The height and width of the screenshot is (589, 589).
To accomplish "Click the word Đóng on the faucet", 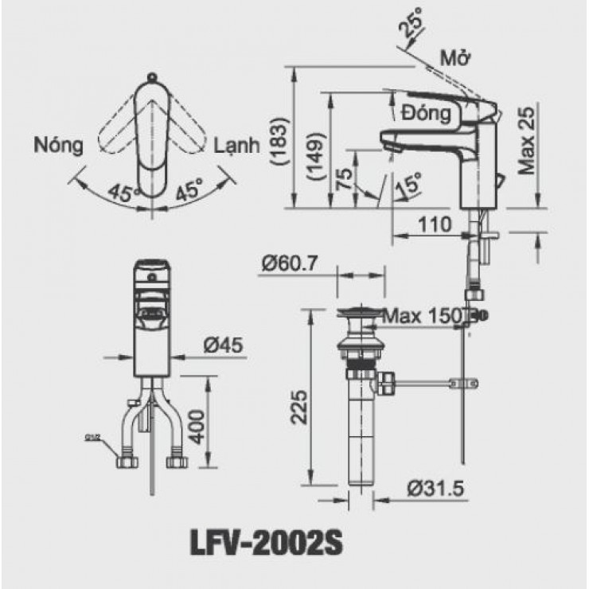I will coord(427,112).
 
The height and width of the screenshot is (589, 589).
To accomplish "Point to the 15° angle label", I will coord(408,184).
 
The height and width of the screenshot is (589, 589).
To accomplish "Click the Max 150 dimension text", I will coord(422,316).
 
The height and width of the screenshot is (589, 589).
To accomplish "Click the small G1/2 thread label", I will coord(90,437).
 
